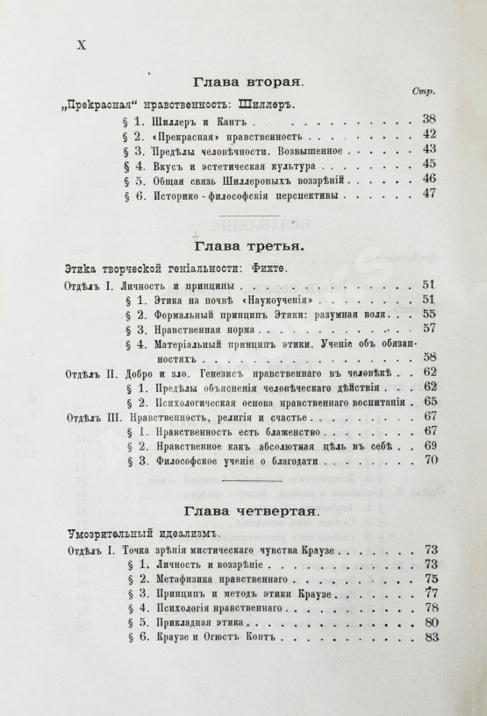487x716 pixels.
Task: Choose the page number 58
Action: [x=428, y=358]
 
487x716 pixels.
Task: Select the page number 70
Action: [x=428, y=464]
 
